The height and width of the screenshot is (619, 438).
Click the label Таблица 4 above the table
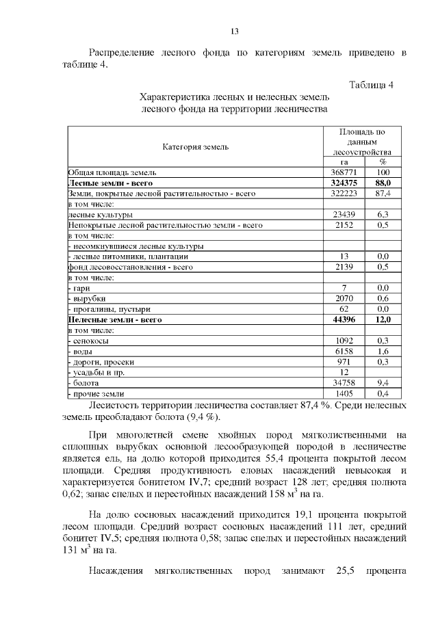(x=371, y=85)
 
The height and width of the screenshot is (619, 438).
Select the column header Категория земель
(x=195, y=146)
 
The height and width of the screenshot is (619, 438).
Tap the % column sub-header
(x=383, y=162)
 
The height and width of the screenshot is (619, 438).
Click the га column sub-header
(x=344, y=162)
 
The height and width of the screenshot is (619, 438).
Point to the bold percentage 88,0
(x=383, y=183)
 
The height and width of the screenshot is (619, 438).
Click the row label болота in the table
(x=86, y=383)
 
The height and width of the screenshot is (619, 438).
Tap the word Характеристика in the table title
(x=170, y=97)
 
